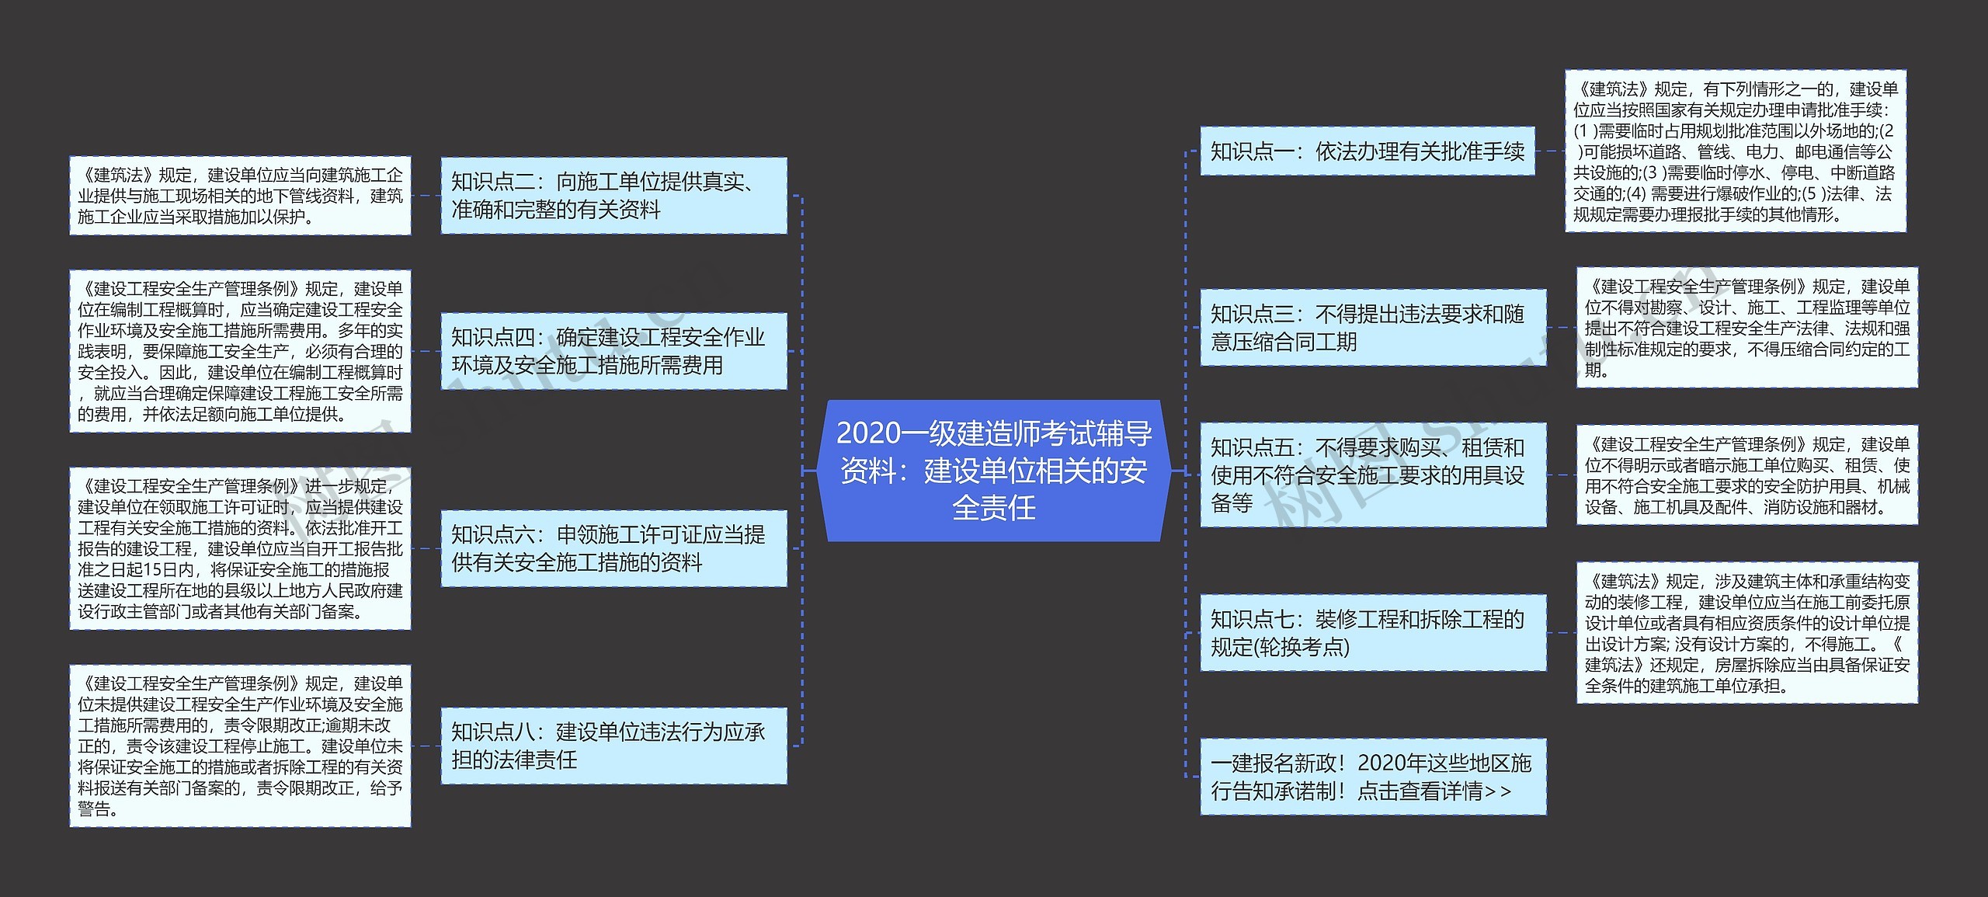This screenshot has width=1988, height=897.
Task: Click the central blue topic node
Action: [993, 471]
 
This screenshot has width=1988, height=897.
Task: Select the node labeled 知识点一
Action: [1367, 151]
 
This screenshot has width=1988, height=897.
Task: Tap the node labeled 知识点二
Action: [613, 196]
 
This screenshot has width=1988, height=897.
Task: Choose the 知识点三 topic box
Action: [1372, 328]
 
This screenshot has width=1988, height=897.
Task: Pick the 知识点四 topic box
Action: [613, 351]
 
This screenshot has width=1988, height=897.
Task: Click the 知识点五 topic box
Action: [1372, 475]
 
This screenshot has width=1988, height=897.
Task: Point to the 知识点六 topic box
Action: [613, 548]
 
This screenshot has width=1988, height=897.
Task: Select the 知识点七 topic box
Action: [1372, 633]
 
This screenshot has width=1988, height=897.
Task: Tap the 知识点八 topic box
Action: [613, 746]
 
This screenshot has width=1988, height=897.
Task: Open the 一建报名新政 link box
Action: [1372, 777]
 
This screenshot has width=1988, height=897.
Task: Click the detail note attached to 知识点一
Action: [1735, 151]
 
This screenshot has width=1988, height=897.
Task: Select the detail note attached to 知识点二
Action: [240, 196]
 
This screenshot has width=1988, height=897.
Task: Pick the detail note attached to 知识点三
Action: [1746, 328]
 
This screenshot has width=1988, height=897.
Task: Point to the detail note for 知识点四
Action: [240, 351]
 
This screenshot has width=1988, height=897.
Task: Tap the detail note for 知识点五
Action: [1746, 475]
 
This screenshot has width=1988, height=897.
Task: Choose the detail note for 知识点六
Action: [240, 548]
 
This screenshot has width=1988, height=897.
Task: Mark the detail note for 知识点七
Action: [1746, 633]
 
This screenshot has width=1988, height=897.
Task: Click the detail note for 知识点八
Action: [240, 746]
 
